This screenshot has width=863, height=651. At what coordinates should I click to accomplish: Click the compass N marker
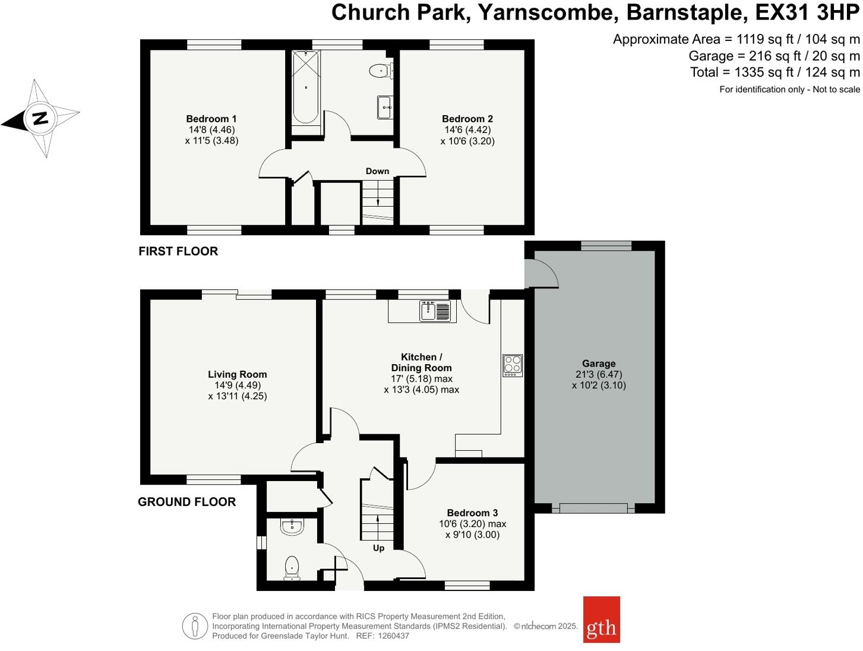[x=40, y=118]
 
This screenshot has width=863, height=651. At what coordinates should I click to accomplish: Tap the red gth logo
[x=601, y=620]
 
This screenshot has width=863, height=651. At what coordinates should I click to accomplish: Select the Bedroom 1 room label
[x=211, y=119]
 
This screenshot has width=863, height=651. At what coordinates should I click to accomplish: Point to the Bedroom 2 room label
[x=467, y=119]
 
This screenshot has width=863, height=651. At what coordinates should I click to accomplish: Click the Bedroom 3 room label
[x=472, y=513]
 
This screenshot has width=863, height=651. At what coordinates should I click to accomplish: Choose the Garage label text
[x=599, y=364]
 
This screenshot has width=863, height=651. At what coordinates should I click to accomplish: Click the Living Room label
[x=237, y=374]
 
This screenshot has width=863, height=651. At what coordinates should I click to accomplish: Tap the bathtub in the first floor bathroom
[x=306, y=87]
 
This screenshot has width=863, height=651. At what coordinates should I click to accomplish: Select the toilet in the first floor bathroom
[x=380, y=71]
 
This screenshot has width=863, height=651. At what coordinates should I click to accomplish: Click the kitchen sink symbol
[x=435, y=311]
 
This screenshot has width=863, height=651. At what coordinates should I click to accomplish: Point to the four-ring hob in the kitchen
[x=513, y=365]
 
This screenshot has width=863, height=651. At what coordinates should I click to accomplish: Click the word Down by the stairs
[x=377, y=171]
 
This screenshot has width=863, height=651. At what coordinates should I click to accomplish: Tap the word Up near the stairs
[x=378, y=548]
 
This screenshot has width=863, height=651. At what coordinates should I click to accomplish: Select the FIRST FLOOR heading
[x=178, y=251]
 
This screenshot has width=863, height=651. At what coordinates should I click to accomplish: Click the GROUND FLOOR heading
[x=186, y=502]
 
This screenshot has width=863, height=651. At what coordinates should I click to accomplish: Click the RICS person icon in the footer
[x=195, y=626]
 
